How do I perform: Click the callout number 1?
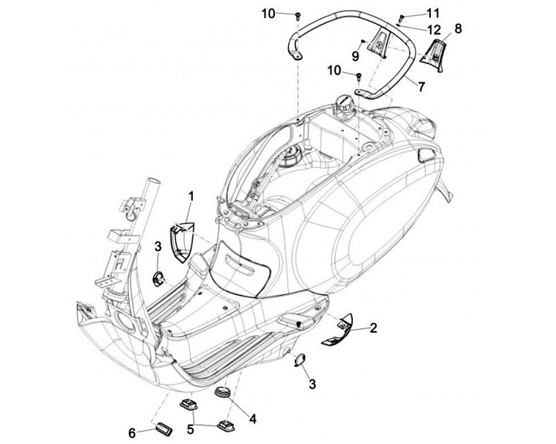tap(191, 197)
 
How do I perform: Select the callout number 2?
tap(373, 329)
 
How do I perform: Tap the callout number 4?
tap(252, 419)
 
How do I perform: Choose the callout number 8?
tap(458, 29)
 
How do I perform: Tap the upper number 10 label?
tap(267, 13)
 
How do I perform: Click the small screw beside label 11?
tap(402, 16)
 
